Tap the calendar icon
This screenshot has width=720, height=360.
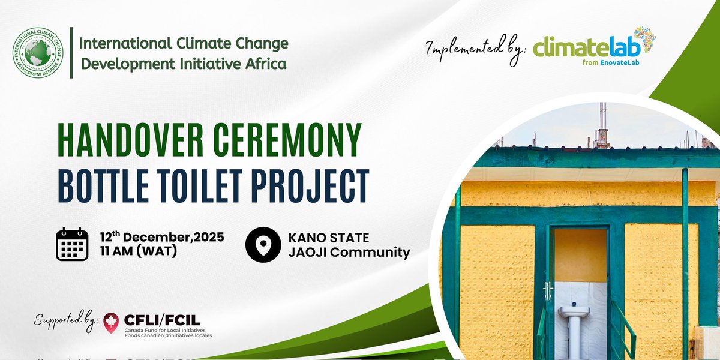point(72,245)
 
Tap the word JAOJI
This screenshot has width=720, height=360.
point(310,253)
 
